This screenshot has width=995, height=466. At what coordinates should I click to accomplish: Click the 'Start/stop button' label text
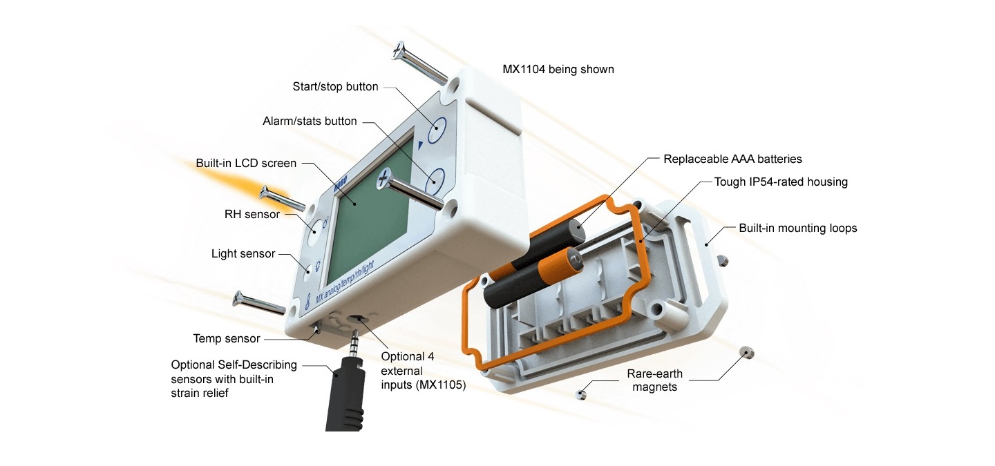click(335, 87)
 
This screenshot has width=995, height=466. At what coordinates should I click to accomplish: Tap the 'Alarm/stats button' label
click(310, 122)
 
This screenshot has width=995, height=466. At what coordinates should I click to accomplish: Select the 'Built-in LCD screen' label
click(246, 164)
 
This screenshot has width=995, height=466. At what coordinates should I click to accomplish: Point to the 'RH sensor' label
click(252, 215)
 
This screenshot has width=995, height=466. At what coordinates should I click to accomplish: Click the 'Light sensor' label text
click(243, 254)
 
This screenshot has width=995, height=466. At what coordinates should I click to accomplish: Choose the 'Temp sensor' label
click(227, 339)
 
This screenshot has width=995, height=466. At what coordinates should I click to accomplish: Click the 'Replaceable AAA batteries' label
click(732, 159)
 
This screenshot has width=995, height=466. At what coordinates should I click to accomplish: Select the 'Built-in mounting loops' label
click(797, 229)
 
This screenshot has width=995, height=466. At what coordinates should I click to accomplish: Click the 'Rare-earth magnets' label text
click(654, 380)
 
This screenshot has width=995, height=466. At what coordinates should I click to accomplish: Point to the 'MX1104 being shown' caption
click(558, 70)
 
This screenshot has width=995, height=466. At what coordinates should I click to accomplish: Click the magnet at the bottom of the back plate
click(581, 395)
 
